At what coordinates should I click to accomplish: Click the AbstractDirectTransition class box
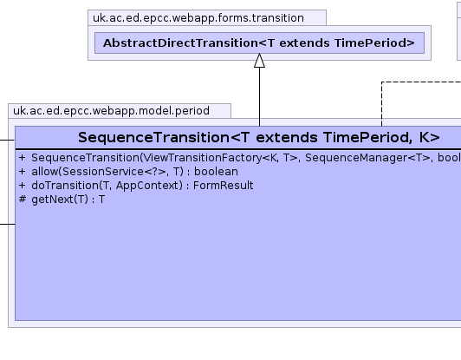pyautogui.click(x=259, y=43)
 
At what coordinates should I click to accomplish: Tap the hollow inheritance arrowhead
pyautogui.click(x=259, y=61)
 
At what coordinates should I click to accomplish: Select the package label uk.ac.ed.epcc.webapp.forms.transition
pyautogui.click(x=198, y=18)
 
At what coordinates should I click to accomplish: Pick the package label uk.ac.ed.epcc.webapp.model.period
pyautogui.click(x=112, y=111)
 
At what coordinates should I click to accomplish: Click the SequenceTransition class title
pyautogui.click(x=259, y=137)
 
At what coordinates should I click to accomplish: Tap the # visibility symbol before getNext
pyautogui.click(x=23, y=199)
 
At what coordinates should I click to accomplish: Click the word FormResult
pyautogui.click(x=224, y=186)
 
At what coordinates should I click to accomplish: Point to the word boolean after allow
pyautogui.click(x=216, y=172)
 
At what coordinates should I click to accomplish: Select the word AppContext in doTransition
pyautogui.click(x=149, y=186)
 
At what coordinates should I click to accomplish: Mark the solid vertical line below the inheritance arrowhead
pyautogui.click(x=259, y=97)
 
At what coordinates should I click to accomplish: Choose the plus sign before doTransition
pyautogui.click(x=23, y=186)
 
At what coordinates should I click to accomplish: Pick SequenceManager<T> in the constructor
pyautogui.click(x=367, y=158)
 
